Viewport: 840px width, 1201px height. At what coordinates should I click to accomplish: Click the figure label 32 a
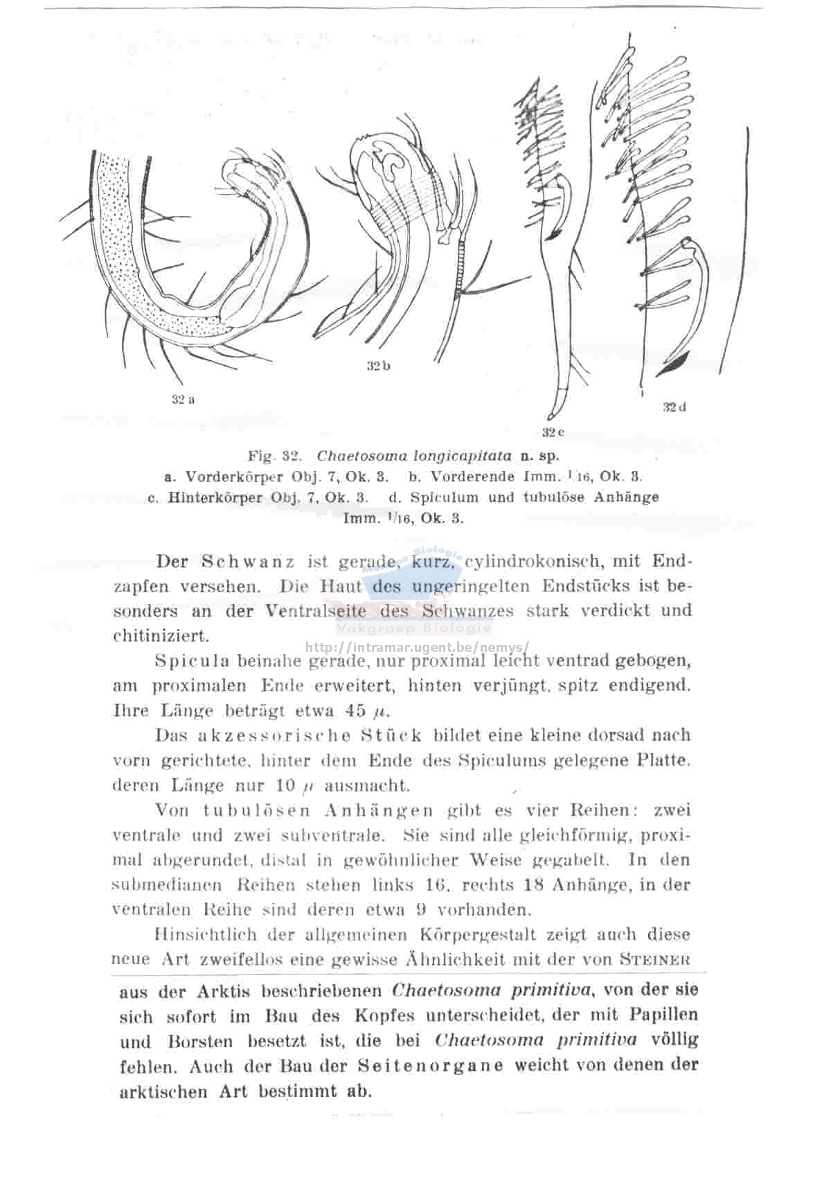tap(183, 399)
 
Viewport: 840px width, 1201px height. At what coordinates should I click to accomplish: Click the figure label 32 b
tap(378, 365)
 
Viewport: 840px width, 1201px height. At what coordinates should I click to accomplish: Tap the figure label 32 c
tap(553, 432)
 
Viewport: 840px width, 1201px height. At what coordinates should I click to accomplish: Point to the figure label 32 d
tap(674, 407)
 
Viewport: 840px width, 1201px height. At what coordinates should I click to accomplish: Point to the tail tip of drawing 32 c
tap(550, 418)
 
